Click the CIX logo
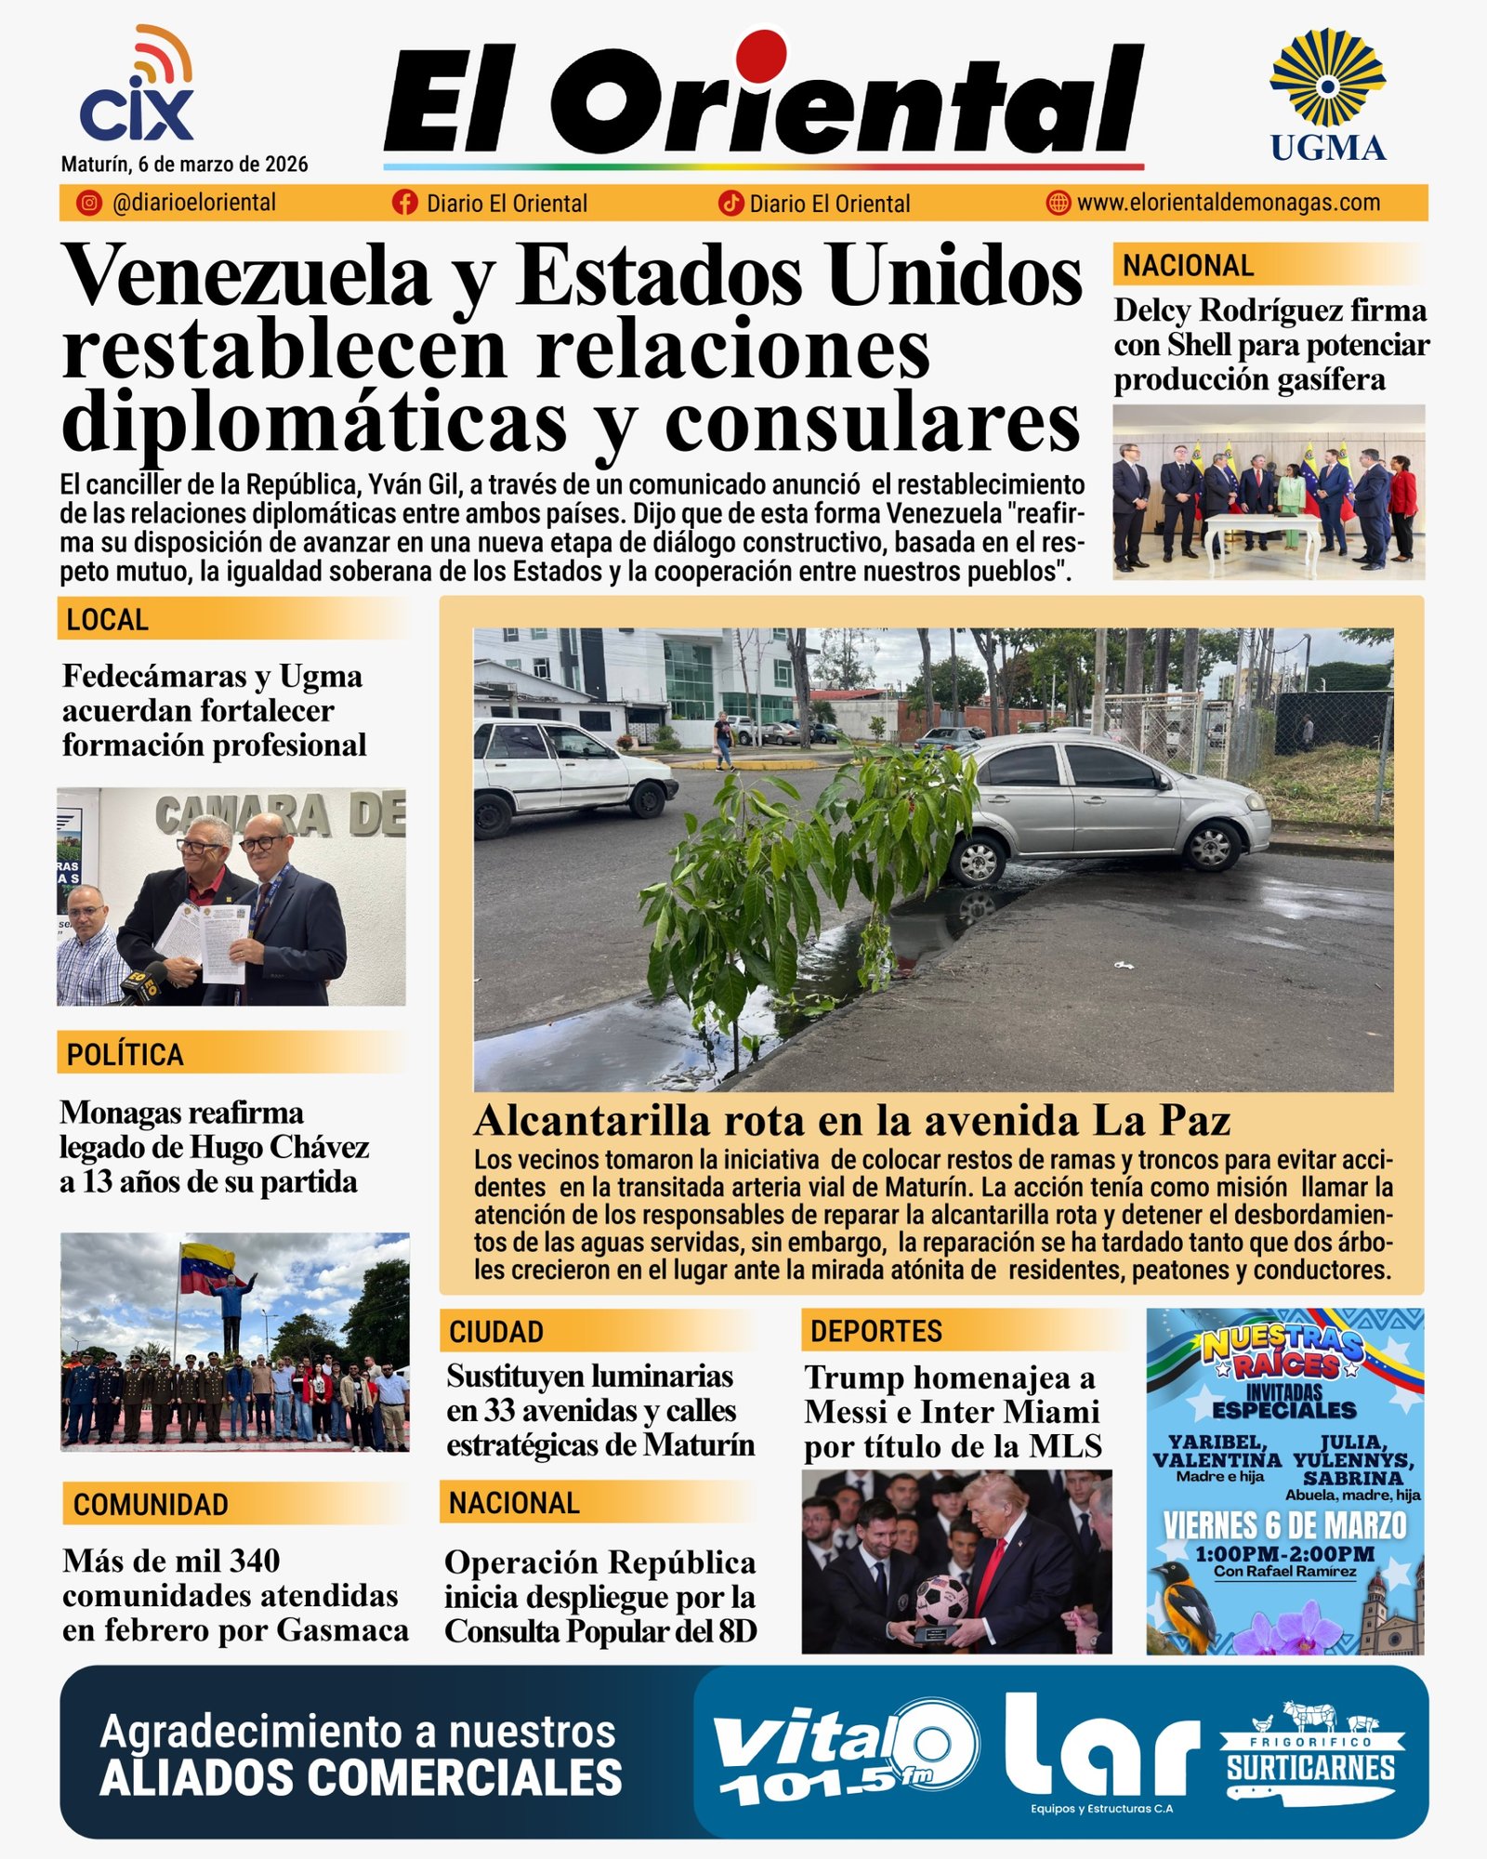click(137, 88)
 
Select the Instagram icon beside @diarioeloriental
click(89, 203)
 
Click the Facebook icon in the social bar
click(404, 203)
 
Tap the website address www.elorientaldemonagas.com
click(1228, 203)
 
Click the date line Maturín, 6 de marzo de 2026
click(184, 165)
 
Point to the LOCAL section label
click(108, 620)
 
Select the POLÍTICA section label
click(125, 1055)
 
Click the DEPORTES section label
click(875, 1331)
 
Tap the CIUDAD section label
click(496, 1332)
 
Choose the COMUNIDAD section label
click(151, 1505)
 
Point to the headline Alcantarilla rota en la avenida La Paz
click(851, 1121)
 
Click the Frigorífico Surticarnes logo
click(1310, 1753)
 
